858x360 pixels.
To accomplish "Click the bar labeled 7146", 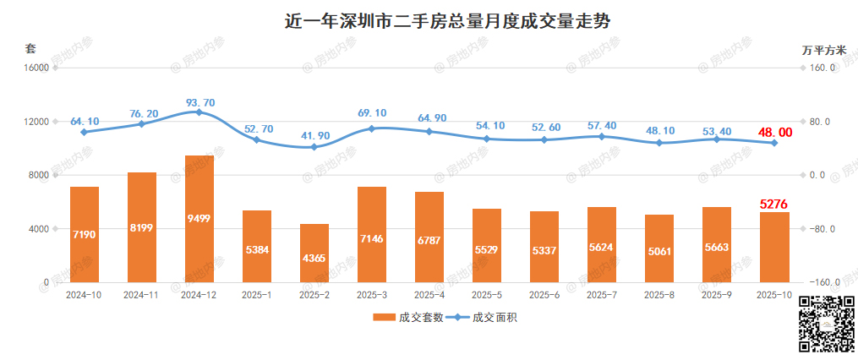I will tap(372, 234).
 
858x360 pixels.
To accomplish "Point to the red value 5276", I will tap(774, 204).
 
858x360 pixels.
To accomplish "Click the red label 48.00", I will tap(773, 132).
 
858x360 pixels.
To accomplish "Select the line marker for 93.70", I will tap(199, 112).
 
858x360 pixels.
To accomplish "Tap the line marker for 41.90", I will tap(314, 147).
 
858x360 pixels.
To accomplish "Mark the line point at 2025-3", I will tap(372, 128).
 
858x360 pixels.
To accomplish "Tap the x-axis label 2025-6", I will tap(544, 295).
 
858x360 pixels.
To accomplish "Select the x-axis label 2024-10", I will tap(85, 295).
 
